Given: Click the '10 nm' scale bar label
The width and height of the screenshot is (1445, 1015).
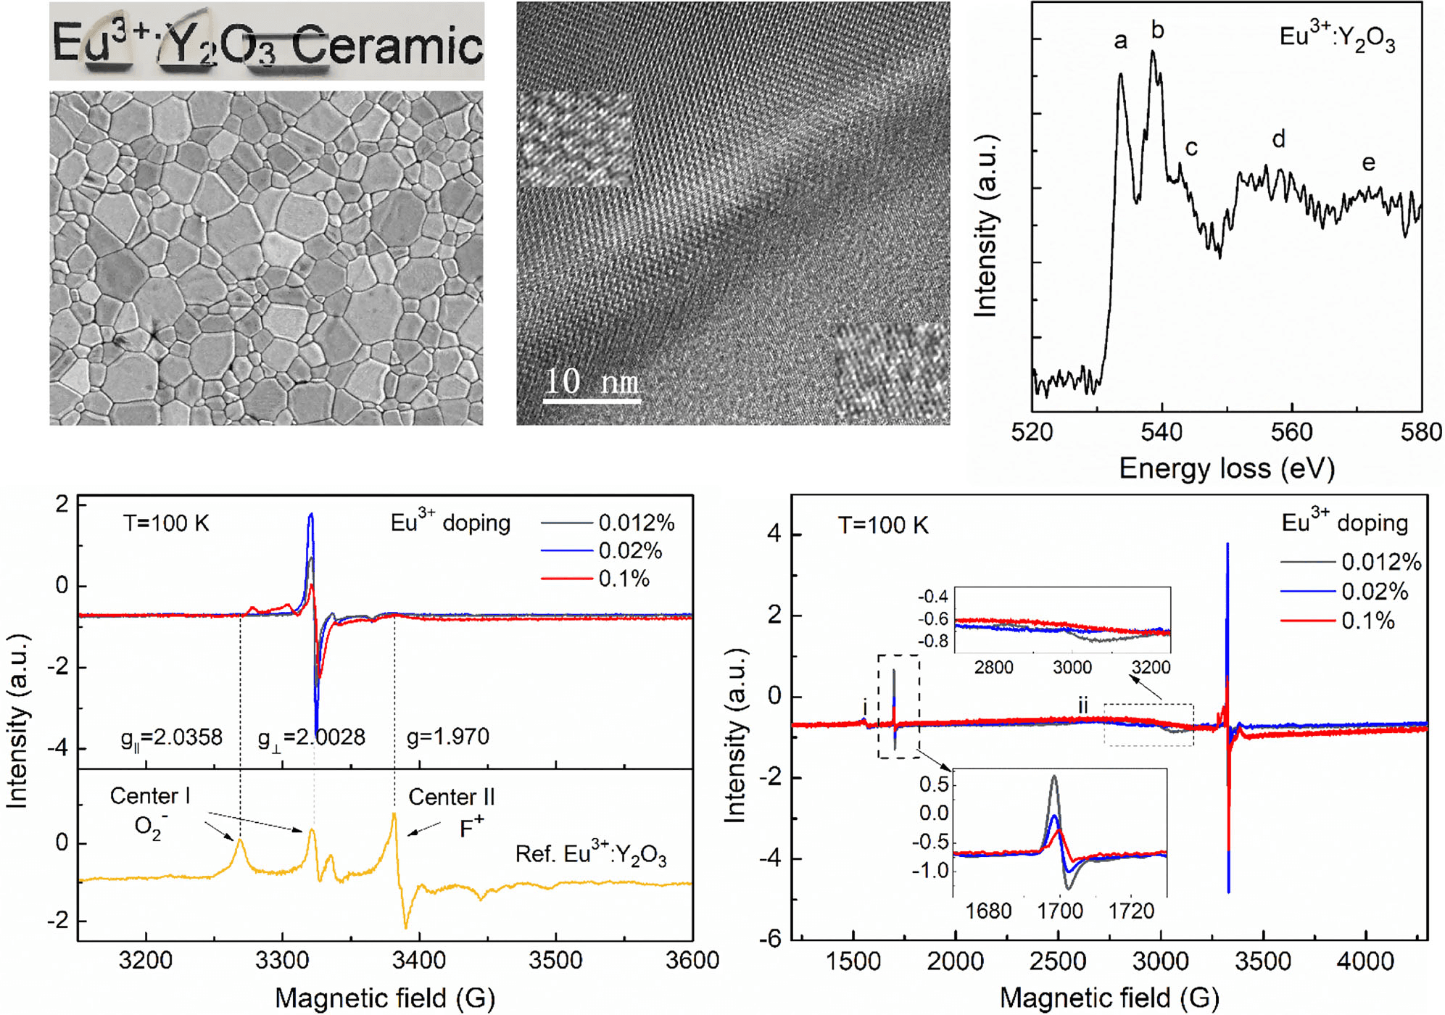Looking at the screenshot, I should click(591, 381).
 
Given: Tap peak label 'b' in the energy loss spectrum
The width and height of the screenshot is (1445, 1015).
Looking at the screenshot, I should click(1157, 30).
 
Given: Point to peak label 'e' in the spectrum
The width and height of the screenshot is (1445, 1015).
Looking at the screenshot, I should click(1368, 163).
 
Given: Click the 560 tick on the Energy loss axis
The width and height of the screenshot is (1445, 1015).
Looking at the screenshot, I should click(1291, 432).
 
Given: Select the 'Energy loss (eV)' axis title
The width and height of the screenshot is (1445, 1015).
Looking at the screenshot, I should click(1227, 468).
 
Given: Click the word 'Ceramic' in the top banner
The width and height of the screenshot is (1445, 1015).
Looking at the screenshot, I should click(387, 45).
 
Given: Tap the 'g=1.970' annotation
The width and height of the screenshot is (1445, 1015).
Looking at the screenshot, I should click(448, 737).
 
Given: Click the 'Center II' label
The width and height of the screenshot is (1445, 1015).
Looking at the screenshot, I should click(451, 797).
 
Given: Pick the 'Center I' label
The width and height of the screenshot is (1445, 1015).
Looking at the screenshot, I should click(149, 796).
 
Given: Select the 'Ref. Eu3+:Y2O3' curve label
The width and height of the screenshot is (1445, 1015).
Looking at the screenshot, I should click(590, 854).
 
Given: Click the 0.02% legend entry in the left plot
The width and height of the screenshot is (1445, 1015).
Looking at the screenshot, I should click(629, 551).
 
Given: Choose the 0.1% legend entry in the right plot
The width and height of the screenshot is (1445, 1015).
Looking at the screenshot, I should click(1367, 621).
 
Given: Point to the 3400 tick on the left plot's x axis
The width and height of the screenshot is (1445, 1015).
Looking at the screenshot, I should click(418, 961).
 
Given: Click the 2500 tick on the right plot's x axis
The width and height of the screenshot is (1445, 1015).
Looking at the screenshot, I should click(1058, 961).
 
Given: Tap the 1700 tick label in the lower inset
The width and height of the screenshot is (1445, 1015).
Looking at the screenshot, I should click(1060, 911).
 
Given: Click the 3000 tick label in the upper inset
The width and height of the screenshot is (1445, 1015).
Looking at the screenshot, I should click(1072, 667).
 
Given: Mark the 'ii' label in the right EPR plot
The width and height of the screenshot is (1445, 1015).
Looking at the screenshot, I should click(1082, 705).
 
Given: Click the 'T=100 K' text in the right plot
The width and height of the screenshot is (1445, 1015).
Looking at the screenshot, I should click(882, 525).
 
